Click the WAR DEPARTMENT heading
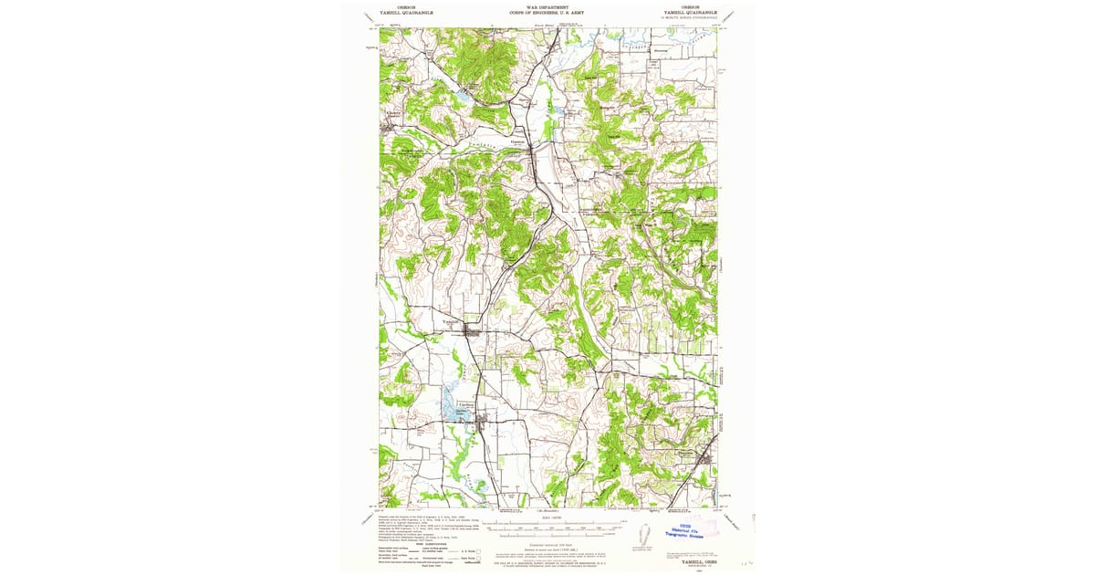(547, 6)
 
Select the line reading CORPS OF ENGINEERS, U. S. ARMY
(547, 14)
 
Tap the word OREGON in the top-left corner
(395, 6)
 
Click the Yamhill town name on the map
(452, 321)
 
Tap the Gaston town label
(518, 141)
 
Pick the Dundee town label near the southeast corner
(686, 450)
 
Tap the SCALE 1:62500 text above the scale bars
(547, 517)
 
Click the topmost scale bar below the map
(547, 524)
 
